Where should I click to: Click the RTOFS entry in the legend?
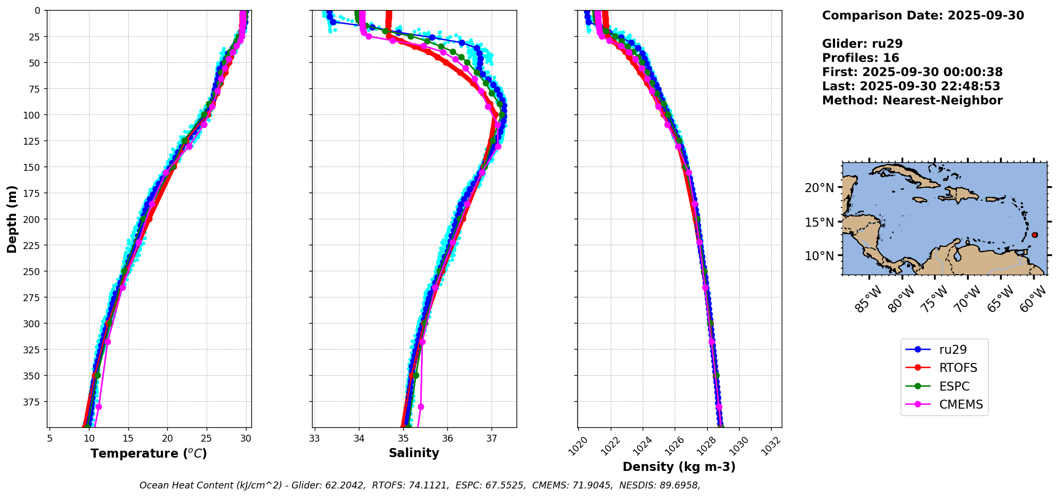coord(958,368)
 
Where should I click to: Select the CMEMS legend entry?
coord(961,404)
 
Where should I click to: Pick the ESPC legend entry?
coord(954,386)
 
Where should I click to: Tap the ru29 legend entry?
coord(953,350)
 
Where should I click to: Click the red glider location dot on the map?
coord(1034,235)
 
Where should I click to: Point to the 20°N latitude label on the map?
coord(819,188)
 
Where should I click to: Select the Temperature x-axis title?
coord(149,453)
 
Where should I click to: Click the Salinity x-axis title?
coord(414,453)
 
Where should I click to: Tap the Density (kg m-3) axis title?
coord(679,467)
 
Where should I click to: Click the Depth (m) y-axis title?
coord(12,219)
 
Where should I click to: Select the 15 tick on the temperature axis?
coord(128,438)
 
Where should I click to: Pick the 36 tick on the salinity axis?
coord(447,438)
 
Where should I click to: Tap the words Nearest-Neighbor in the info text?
coord(942,101)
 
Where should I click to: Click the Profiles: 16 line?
coord(861,58)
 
